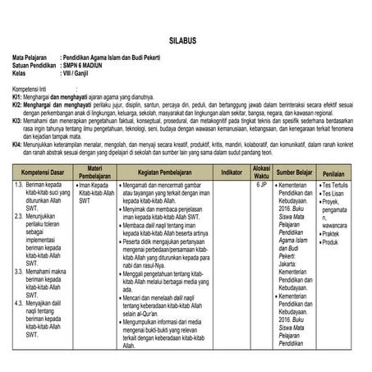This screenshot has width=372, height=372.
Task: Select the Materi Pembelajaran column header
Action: click(x=94, y=172)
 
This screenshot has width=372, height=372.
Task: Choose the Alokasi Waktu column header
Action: click(x=262, y=172)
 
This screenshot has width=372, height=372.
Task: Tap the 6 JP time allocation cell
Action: click(x=262, y=186)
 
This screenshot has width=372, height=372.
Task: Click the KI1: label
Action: click(x=17, y=96)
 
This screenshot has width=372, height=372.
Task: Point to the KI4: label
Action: click(x=17, y=144)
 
